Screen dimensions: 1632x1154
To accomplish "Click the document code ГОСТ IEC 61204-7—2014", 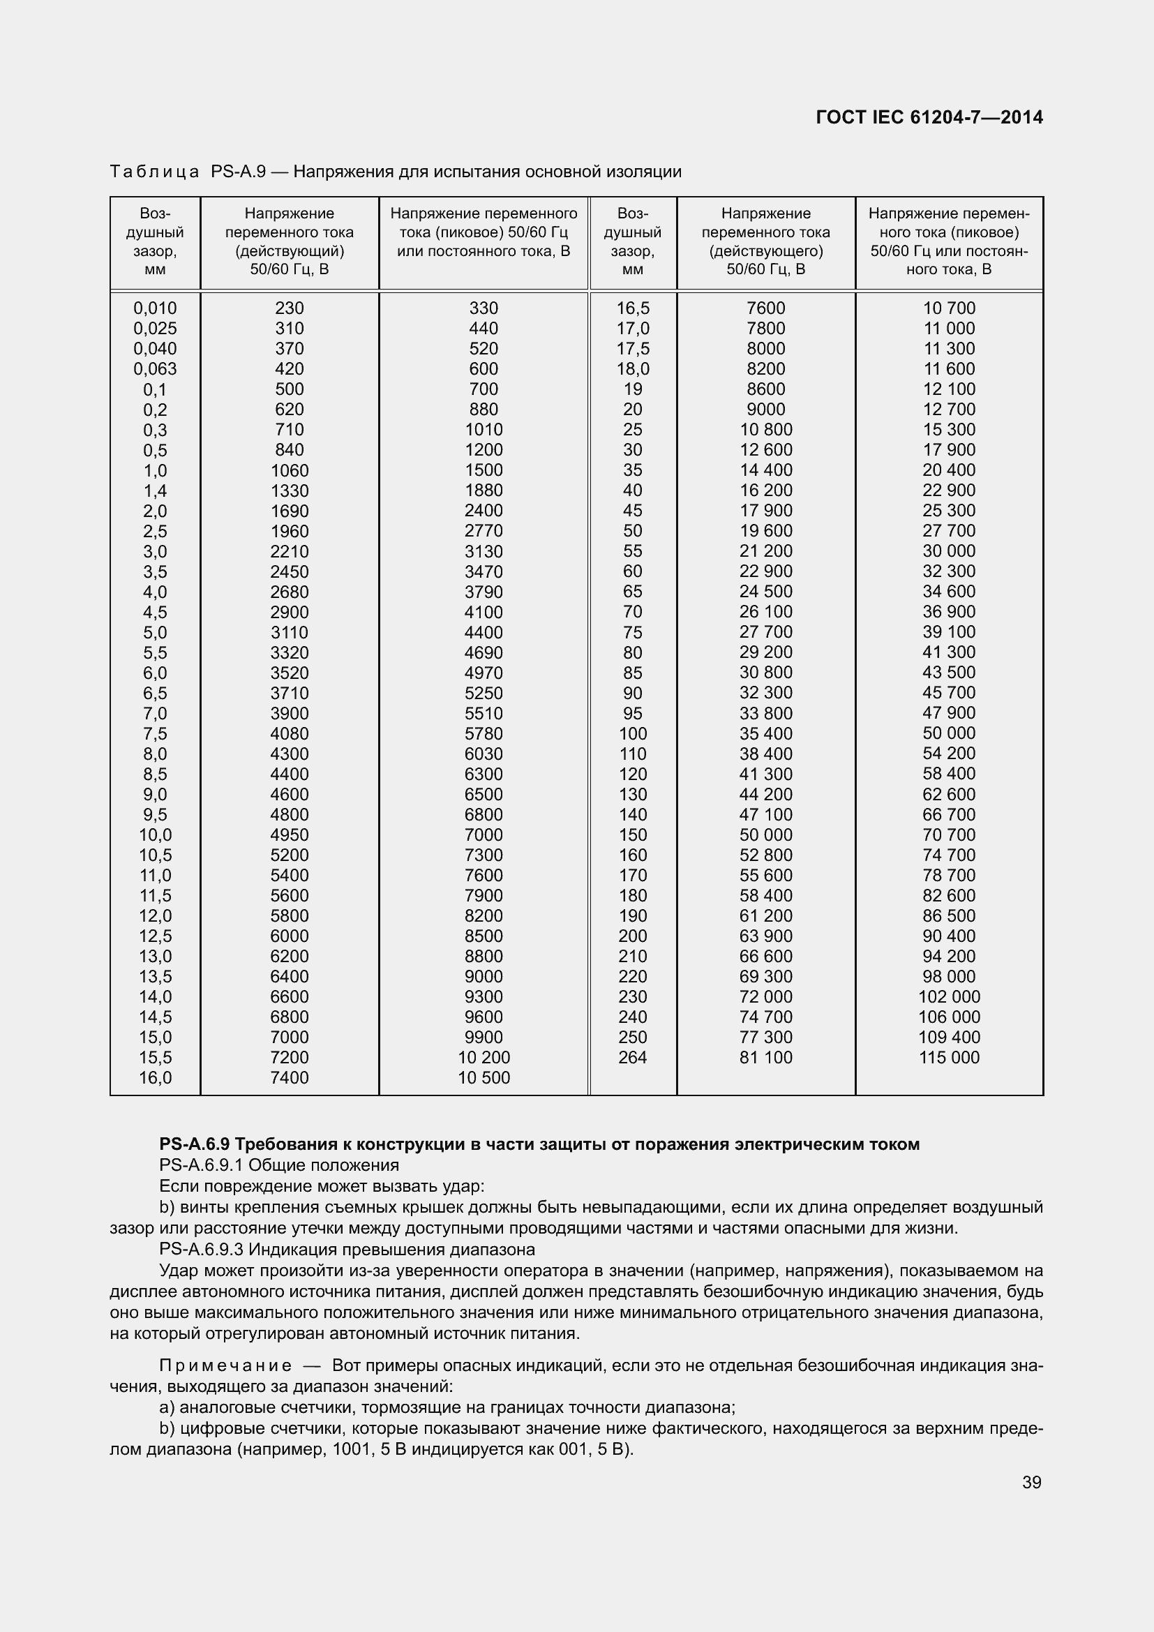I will pos(929,117).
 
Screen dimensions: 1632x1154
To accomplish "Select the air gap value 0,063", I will pos(155,369).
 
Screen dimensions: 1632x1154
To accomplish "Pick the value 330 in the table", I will pos(484,308).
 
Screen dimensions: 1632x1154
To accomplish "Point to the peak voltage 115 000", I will pos(949,1058).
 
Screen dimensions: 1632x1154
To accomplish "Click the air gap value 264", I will pos(632,1058).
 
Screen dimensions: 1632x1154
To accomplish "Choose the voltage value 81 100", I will pos(765,1058).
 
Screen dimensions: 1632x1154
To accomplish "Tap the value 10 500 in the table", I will pos(484,1077).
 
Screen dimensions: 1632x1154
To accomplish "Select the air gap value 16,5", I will pos(632,308).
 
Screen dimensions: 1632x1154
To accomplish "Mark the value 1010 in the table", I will pos(484,430).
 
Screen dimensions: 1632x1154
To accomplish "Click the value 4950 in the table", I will pos(290,835).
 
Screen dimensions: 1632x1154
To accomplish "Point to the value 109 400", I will pos(949,1037).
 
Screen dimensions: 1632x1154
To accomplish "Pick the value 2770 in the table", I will pos(484,531).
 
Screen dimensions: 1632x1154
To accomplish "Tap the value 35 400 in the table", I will pos(765,733).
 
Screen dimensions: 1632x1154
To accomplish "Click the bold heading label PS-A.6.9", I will pos(195,1144).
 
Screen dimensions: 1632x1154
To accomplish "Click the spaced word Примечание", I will pos(225,1365).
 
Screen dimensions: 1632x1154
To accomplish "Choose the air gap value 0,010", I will pos(155,308).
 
